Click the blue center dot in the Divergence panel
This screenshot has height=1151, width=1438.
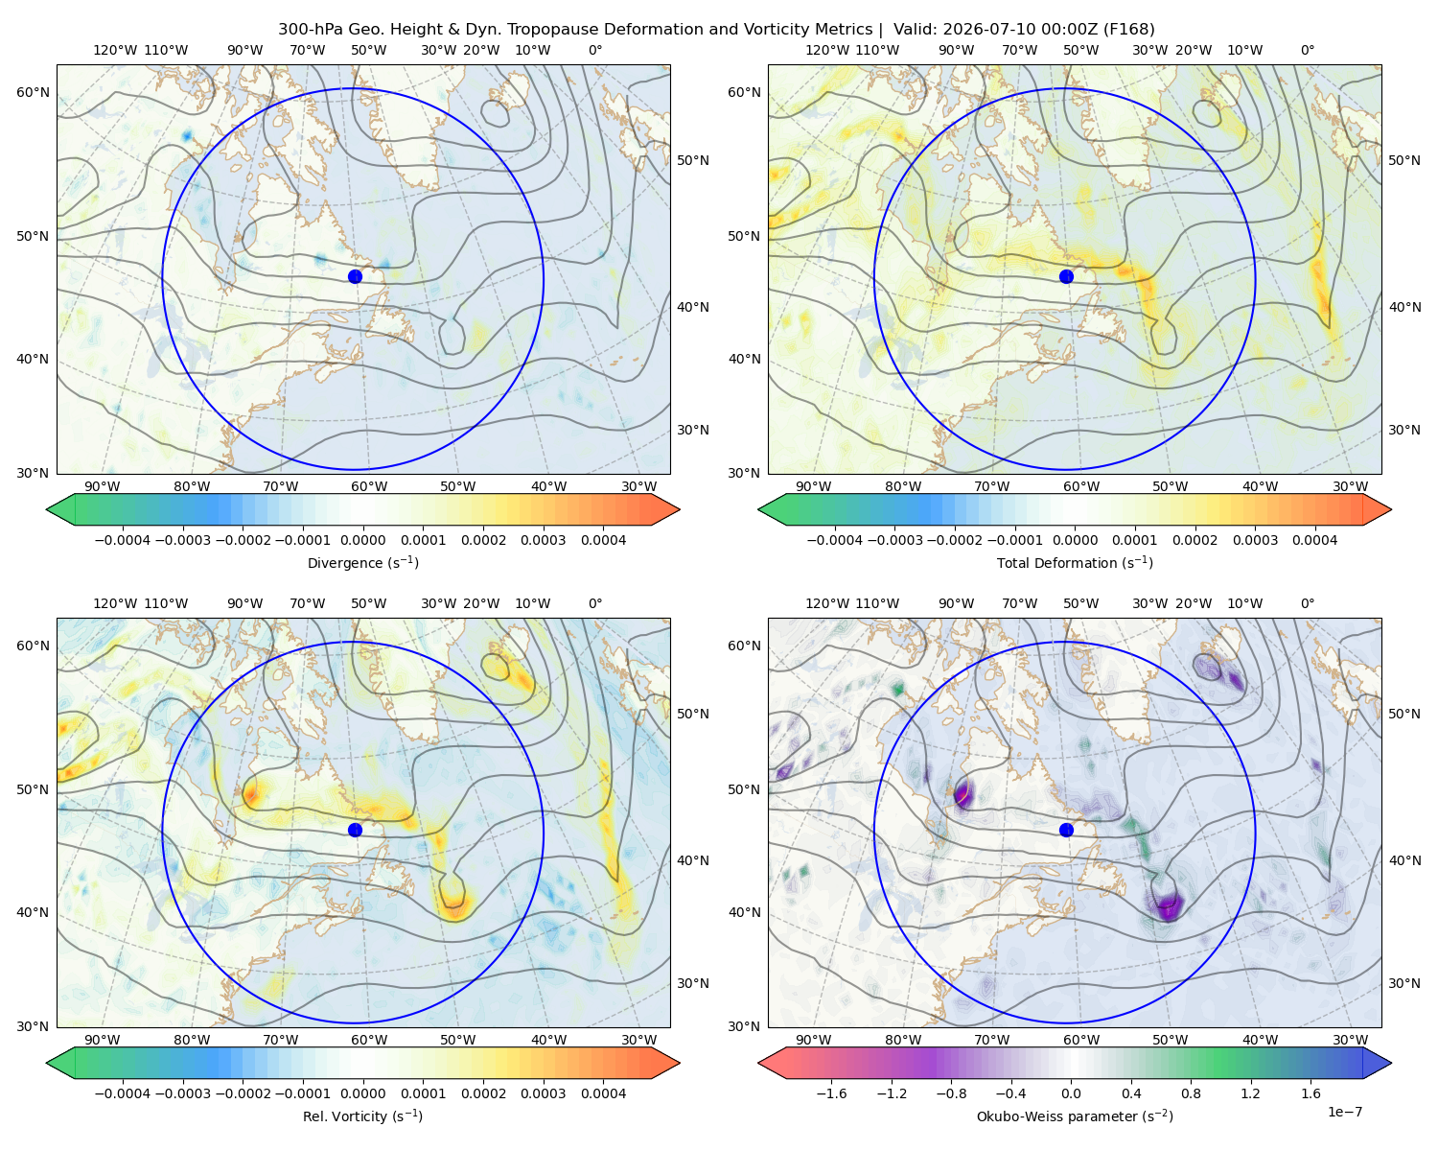[355, 276]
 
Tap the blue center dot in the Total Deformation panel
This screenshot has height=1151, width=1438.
[1066, 276]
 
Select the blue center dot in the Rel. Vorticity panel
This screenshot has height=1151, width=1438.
[355, 830]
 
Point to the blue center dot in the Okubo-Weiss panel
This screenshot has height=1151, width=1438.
[1066, 830]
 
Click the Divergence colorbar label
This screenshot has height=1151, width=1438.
[362, 562]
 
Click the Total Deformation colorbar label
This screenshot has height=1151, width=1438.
[1075, 562]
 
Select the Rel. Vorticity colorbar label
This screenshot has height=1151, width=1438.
[362, 1116]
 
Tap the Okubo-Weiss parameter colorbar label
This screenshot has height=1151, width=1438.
[1075, 1116]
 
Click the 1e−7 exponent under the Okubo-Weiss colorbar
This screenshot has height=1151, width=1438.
[1344, 1112]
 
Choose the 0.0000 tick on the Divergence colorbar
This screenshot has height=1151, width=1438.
[362, 540]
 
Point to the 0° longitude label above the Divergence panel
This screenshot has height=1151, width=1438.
[595, 50]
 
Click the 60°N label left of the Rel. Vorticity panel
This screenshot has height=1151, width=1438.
[33, 646]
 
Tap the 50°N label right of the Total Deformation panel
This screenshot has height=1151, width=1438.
[1404, 160]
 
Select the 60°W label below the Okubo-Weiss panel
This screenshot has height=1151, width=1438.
[1080, 1040]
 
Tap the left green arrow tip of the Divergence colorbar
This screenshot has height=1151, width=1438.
[47, 509]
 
